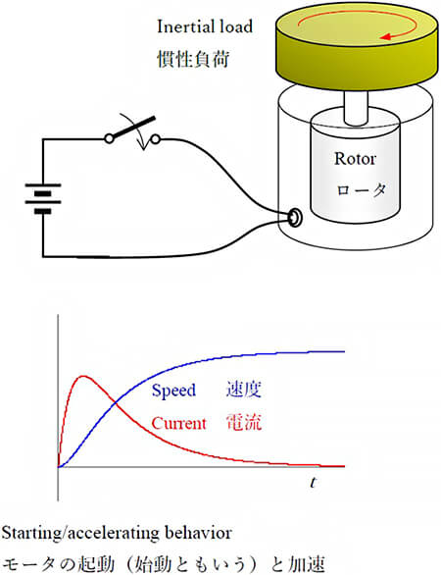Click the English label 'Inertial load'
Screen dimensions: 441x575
click(205, 26)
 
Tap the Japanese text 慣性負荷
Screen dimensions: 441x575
click(193, 59)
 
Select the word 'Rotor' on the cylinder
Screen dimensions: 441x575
click(355, 158)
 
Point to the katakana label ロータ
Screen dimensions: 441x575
click(362, 190)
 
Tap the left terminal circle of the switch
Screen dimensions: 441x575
click(109, 138)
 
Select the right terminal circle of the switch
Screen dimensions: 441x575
click(156, 139)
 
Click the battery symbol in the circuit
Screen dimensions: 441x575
click(43, 198)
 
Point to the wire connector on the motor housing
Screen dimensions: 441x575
click(295, 217)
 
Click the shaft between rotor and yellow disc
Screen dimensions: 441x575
click(356, 107)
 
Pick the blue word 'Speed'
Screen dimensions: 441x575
click(173, 391)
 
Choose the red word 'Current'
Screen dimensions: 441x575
click(178, 424)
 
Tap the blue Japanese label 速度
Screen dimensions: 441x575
click(244, 390)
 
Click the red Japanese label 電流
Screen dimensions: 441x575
click(244, 423)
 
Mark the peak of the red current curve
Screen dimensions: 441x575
click(84, 376)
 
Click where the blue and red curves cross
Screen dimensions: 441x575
click(116, 403)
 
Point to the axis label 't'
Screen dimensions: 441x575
click(313, 482)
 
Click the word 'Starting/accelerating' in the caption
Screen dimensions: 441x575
click(80, 533)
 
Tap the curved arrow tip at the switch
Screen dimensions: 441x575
click(144, 148)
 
